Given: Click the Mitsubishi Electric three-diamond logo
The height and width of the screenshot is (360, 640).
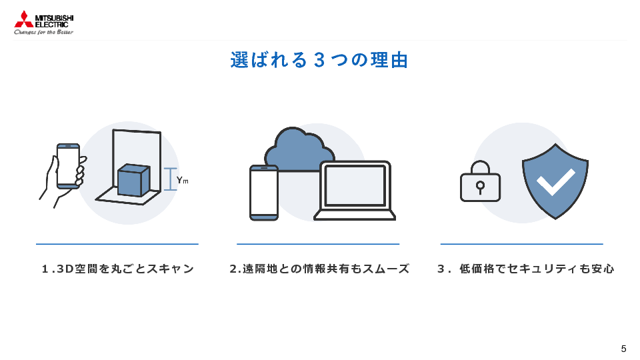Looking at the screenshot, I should (x=23, y=19).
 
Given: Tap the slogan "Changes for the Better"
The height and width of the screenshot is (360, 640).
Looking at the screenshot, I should (x=44, y=31).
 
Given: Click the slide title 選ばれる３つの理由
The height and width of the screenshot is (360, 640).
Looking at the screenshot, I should (x=319, y=60).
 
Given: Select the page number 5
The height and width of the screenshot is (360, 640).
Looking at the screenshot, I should (x=623, y=349).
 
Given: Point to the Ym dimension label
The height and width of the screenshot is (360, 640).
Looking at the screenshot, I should (x=182, y=180).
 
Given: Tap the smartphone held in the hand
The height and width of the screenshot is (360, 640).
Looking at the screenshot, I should (x=67, y=166).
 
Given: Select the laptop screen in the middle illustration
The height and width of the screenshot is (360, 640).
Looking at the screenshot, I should (x=355, y=185).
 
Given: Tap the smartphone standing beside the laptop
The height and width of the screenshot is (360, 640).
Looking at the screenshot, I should (x=264, y=192).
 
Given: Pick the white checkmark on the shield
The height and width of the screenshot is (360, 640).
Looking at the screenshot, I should (x=555, y=181).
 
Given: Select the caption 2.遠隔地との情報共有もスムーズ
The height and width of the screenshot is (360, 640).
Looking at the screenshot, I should (x=319, y=269).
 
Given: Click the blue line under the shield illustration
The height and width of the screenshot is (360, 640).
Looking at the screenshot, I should (x=521, y=244).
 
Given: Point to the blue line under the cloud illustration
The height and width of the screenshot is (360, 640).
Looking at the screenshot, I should (x=318, y=244).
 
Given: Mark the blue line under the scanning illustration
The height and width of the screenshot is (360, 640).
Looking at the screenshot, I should (x=117, y=244).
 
